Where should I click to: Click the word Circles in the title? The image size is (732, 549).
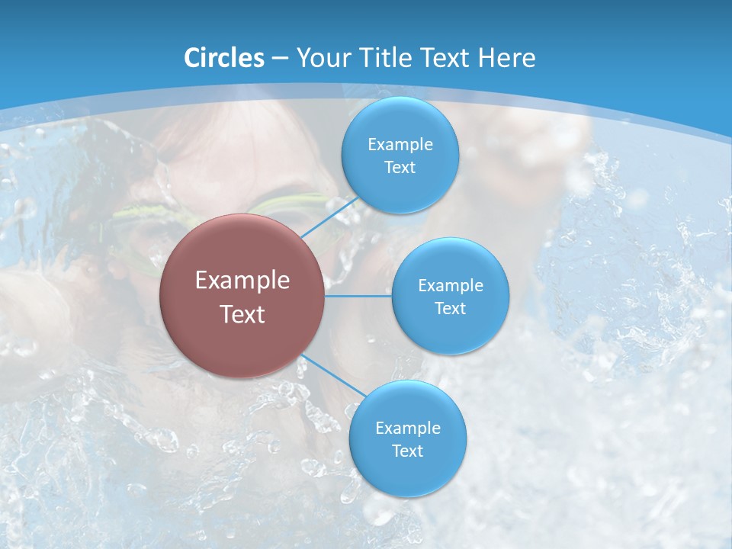coord(223,58)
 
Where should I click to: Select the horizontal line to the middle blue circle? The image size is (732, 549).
coord(358,296)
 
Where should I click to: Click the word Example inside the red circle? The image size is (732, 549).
coord(242,281)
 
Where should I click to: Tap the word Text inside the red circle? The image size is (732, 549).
coord(242,314)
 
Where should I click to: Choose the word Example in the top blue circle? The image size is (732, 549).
coord(400,145)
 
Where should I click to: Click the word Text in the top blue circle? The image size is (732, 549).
coord(400,168)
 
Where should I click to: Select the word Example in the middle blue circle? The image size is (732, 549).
coord(451,286)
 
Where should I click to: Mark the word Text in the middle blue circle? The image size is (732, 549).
coord(450,309)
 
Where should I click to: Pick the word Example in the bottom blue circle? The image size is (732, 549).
coord(408,429)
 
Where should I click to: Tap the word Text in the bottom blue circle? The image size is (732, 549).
coord(407,451)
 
